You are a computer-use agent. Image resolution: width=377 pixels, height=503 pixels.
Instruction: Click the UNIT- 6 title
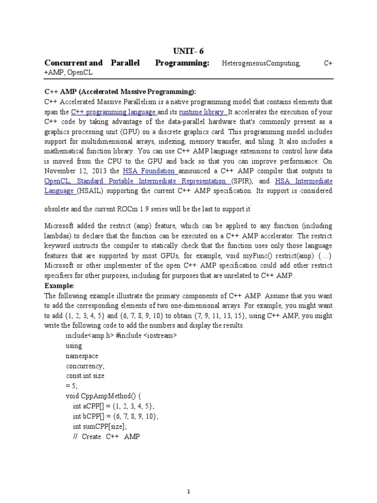[188, 52]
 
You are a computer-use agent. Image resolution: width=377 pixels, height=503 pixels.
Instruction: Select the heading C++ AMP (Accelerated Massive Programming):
[120, 92]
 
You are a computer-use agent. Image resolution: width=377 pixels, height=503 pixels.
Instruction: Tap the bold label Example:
[59, 285]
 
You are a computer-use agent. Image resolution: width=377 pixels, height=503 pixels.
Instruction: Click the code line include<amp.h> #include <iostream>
[121, 335]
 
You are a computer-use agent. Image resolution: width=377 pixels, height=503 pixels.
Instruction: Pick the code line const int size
[85, 375]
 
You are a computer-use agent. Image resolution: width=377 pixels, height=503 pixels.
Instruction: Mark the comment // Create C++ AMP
[107, 436]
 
